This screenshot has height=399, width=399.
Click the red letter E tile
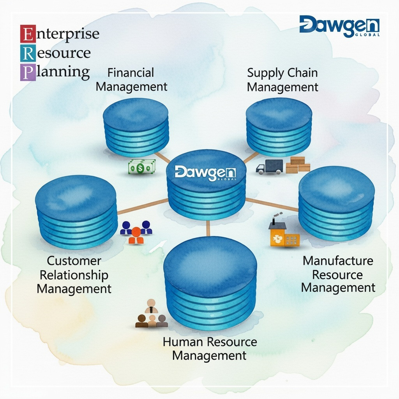[27, 34]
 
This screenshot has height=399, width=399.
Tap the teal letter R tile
[27, 53]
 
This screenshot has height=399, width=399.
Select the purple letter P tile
[27, 72]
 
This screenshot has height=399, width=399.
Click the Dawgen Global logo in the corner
[339, 26]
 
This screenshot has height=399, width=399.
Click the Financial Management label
[131, 79]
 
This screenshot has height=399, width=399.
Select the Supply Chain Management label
[282, 79]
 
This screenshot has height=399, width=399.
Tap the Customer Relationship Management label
[74, 275]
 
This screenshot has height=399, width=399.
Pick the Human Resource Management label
[210, 348]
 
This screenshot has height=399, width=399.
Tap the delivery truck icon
[270, 167]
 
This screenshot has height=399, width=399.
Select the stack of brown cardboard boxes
[298, 165]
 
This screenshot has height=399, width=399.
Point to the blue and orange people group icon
[136, 232]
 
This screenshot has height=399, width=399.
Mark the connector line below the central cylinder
[208, 228]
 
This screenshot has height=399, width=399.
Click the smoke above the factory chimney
[277, 215]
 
